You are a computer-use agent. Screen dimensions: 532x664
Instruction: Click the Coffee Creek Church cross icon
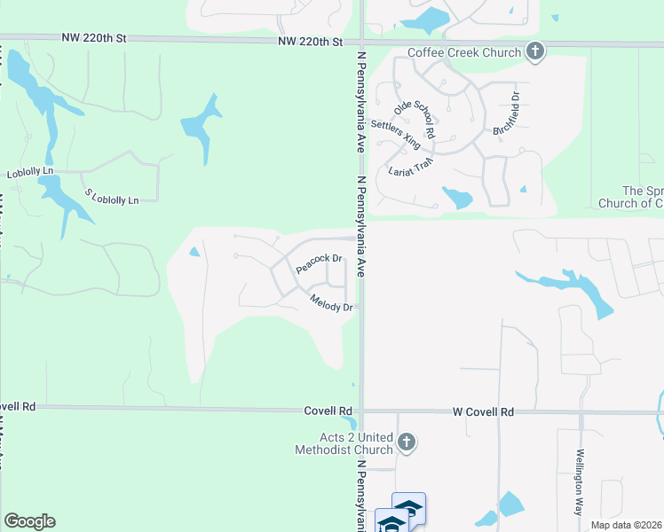[x=534, y=51]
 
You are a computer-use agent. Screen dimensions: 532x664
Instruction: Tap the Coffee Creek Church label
[x=463, y=52]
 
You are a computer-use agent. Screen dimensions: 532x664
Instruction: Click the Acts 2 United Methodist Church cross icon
[x=407, y=442]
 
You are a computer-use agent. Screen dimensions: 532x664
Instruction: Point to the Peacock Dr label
[x=320, y=262]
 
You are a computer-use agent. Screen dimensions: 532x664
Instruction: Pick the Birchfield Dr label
[x=505, y=113]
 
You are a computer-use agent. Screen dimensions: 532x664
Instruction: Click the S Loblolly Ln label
[x=112, y=196]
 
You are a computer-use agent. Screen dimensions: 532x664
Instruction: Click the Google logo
[x=29, y=521]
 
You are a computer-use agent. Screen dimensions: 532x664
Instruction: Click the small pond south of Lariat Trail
[x=457, y=198]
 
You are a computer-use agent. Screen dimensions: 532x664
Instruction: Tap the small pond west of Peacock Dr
[x=194, y=253]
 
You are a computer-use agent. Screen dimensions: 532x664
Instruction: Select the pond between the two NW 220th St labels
[x=202, y=126]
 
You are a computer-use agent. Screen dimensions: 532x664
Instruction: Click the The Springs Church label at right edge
[x=642, y=197]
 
